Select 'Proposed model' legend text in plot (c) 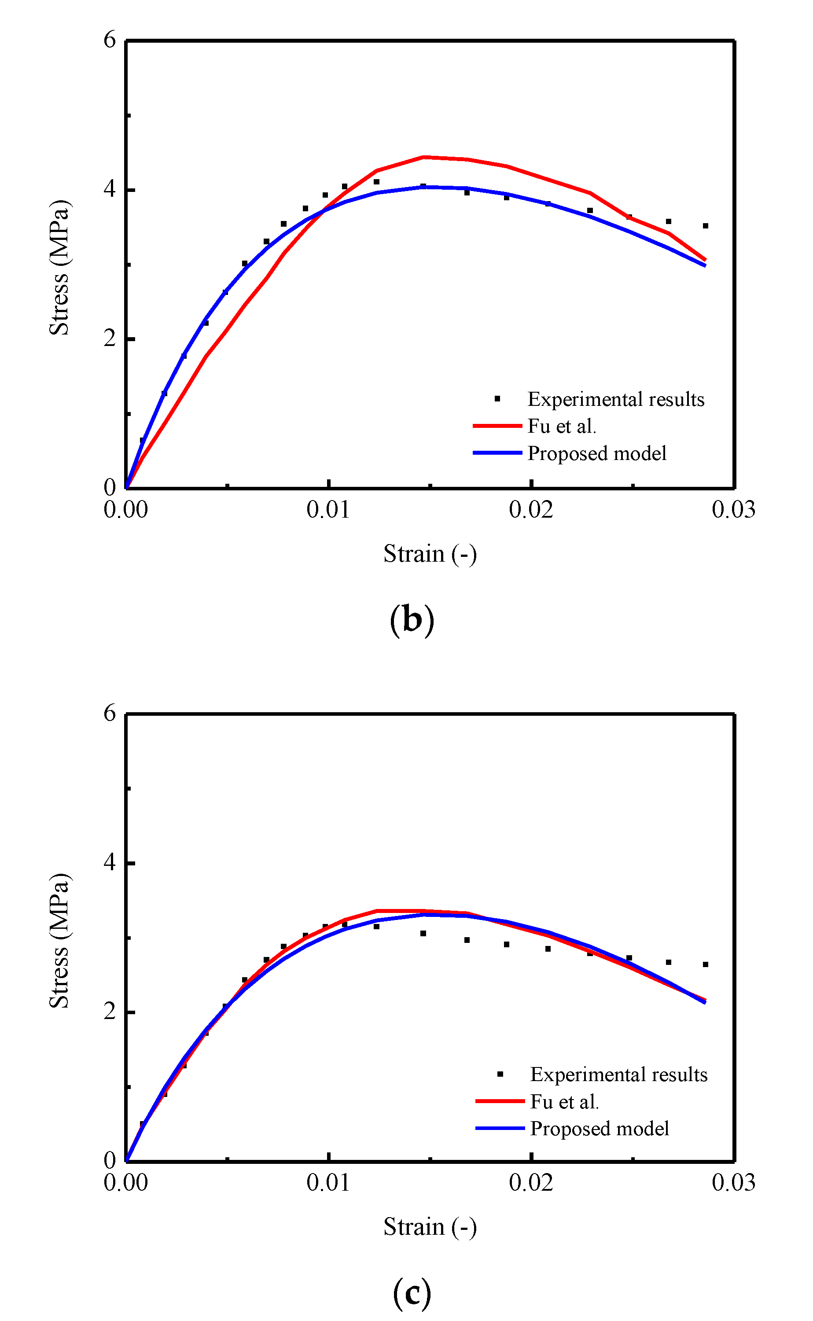coord(600,1129)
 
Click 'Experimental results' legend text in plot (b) coord(616,400)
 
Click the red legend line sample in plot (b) coord(497,426)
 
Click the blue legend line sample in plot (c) coord(500,1128)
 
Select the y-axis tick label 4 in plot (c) coord(110,862)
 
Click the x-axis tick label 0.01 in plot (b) coord(328,510)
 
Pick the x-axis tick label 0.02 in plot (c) coord(531,1183)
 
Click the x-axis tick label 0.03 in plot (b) coord(733,510)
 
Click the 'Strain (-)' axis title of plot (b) coord(430,554)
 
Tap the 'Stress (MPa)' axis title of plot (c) coord(59,941)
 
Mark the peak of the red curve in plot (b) coord(424,157)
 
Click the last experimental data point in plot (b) coord(706,226)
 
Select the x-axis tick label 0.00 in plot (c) coord(125,1183)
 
